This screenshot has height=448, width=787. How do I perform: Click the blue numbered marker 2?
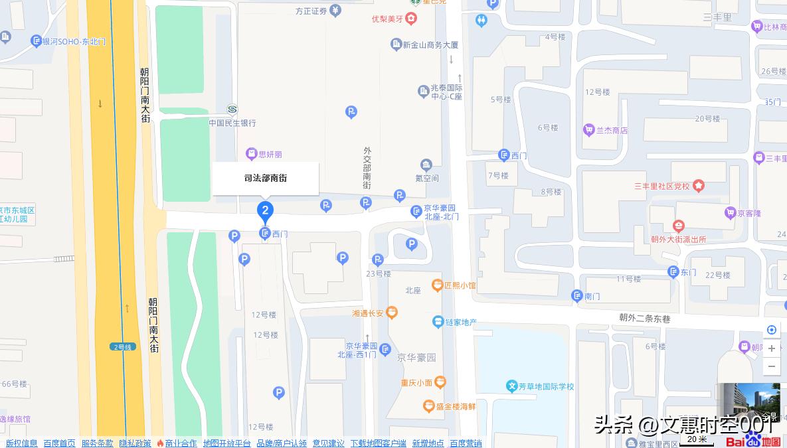(265, 212)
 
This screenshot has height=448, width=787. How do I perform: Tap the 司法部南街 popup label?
(266, 179)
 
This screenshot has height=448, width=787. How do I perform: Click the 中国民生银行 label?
(232, 123)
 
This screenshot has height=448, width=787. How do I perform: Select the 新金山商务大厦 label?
(430, 45)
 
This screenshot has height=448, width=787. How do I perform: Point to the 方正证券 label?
(311, 11)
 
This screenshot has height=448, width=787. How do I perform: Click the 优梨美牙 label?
(387, 19)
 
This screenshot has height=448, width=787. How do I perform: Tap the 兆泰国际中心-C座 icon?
(424, 91)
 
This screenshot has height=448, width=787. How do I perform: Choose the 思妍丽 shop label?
(264, 154)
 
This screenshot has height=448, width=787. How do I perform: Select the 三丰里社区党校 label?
(662, 186)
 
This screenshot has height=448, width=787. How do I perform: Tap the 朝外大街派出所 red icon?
(678, 226)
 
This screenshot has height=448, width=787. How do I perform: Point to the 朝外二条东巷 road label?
(645, 319)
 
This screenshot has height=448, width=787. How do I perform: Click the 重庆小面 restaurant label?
(416, 382)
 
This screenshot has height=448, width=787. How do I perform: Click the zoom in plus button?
(771, 348)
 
